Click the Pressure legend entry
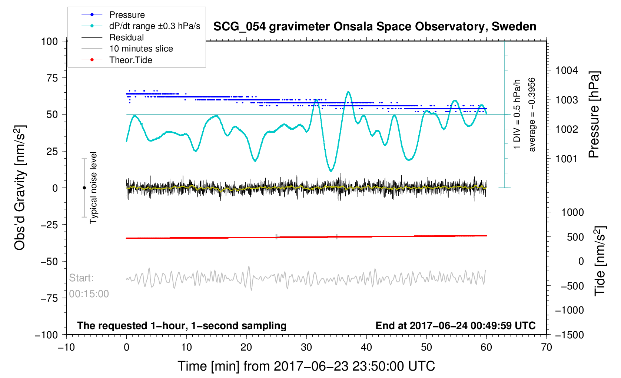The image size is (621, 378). [x=127, y=15]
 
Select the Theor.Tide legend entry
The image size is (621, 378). [x=130, y=60]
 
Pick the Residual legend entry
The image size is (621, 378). [x=126, y=37]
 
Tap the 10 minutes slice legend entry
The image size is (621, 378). [x=141, y=49]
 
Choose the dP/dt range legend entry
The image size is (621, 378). [x=155, y=26]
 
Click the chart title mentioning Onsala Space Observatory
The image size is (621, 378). [x=375, y=27]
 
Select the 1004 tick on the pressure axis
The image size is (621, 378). [x=567, y=70]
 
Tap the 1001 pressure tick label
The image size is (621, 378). [x=567, y=159]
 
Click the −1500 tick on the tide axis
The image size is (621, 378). [x=569, y=335]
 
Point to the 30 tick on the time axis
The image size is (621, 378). [x=306, y=347]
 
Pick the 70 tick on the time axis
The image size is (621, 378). [x=546, y=347]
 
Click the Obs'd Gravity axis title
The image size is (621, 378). [x=19, y=188]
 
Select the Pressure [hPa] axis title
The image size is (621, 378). [x=594, y=115]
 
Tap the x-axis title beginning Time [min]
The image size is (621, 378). [x=306, y=366]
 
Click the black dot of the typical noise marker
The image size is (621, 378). [x=84, y=188]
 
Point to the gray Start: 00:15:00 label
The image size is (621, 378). [x=89, y=286]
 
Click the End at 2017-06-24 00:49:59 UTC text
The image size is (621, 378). [x=455, y=326]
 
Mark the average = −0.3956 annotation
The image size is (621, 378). [x=532, y=115]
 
